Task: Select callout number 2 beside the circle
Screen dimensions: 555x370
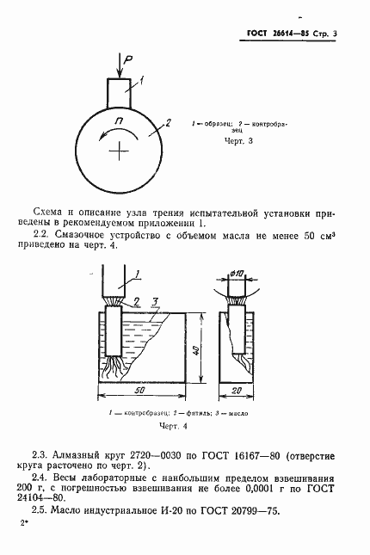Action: (170, 122)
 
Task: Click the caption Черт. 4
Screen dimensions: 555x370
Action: (173, 425)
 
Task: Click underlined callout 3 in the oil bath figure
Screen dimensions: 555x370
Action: (153, 301)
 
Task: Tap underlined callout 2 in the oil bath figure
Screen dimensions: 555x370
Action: (136, 300)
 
